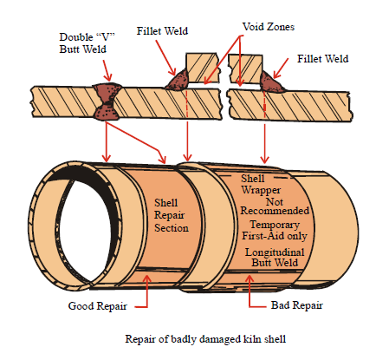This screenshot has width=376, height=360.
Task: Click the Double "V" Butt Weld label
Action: (87, 43)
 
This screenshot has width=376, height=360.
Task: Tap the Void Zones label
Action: (269, 27)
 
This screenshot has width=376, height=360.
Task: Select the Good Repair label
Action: (98, 306)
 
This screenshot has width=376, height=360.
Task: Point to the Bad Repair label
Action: (297, 305)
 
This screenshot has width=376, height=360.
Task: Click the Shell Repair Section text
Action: (172, 215)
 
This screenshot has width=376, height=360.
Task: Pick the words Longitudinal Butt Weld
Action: (275, 258)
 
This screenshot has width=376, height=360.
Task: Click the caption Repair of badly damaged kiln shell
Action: (205, 338)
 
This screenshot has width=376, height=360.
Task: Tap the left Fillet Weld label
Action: (162, 31)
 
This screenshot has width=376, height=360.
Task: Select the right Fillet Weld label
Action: (323, 59)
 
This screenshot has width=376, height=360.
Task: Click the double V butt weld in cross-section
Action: (107, 101)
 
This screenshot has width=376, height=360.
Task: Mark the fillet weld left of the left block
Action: (178, 80)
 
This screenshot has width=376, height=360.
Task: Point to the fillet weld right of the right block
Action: (270, 82)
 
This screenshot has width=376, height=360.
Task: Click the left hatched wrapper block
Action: (202, 68)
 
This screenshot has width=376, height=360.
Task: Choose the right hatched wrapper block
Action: (245, 69)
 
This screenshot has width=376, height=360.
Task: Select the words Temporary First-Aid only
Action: (275, 230)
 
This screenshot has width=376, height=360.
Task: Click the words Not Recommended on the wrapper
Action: (275, 206)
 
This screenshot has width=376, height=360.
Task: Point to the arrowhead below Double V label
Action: (108, 77)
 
